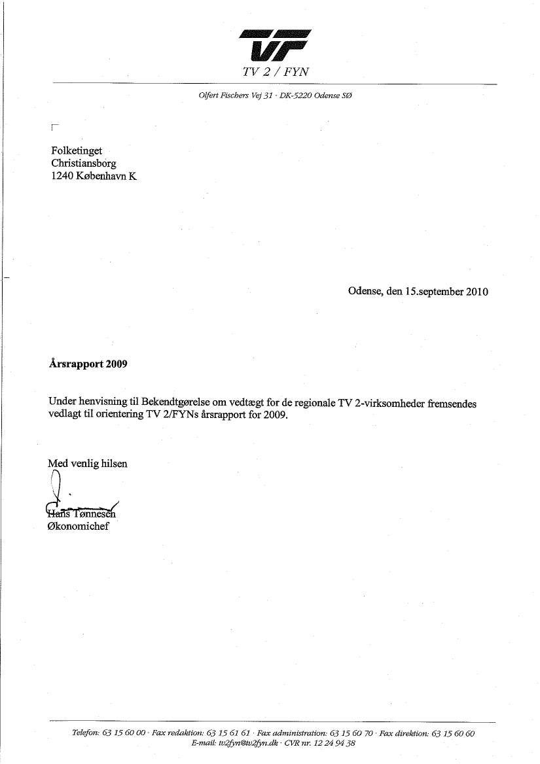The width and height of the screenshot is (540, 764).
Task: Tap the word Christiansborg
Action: pos(84,164)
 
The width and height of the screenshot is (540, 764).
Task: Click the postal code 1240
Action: pos(62,176)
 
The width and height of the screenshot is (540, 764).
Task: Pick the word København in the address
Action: pos(96,176)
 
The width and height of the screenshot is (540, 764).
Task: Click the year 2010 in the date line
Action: pos(477,292)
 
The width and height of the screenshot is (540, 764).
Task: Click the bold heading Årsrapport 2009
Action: pos(88,364)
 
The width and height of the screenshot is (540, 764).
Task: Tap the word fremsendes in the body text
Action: pos(452,404)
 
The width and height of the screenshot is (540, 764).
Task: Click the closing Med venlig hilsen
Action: pos(88,464)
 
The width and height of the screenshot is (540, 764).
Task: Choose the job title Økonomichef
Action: pos(79,526)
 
